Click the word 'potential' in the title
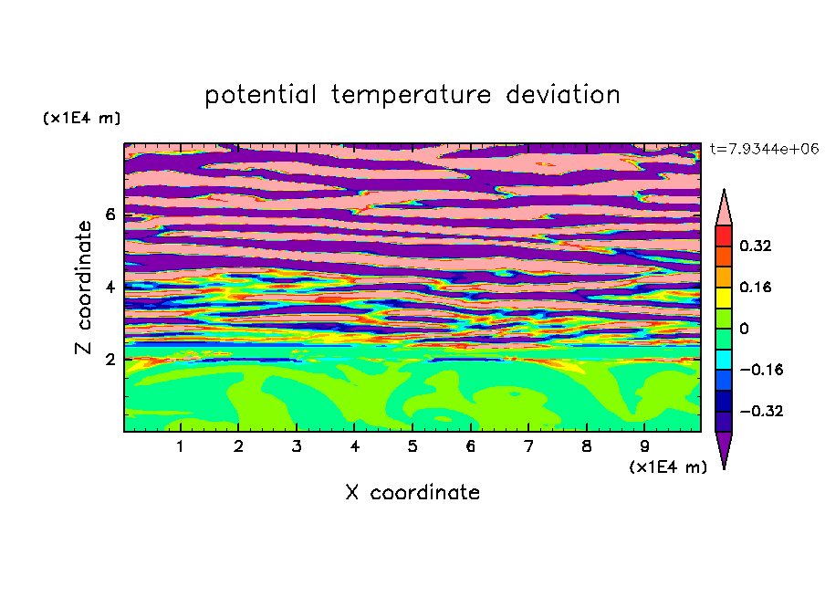click(260, 96)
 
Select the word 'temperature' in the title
click(412, 95)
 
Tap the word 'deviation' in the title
click(563, 94)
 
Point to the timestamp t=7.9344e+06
click(764, 149)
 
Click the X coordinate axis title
click(412, 492)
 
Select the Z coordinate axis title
click(84, 288)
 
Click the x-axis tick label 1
click(181, 446)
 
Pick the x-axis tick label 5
click(412, 446)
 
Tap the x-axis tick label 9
click(644, 446)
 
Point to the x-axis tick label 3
click(297, 446)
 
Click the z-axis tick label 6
click(110, 215)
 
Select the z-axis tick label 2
click(110, 360)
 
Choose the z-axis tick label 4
click(110, 288)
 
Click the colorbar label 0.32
click(755, 246)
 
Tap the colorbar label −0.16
click(761, 370)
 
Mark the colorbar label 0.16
click(755, 287)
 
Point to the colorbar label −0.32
click(761, 411)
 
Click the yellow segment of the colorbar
click(724, 298)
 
